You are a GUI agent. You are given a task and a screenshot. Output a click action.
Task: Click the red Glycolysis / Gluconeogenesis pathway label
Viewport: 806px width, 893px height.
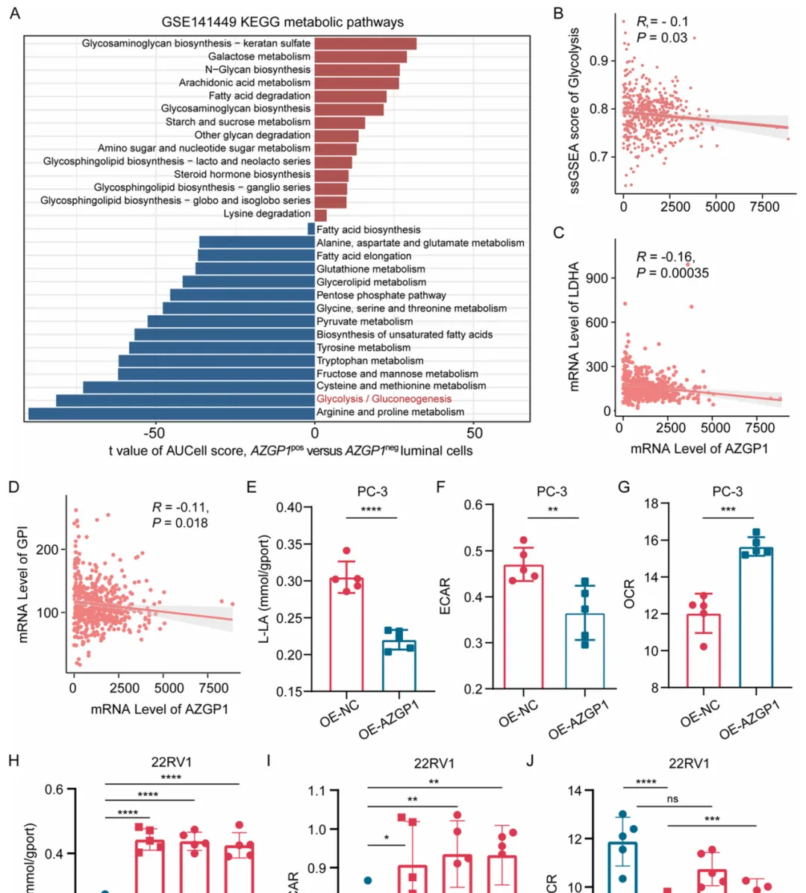pyautogui.click(x=384, y=399)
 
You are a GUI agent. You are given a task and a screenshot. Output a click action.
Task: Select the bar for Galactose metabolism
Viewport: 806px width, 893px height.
pyautogui.click(x=360, y=57)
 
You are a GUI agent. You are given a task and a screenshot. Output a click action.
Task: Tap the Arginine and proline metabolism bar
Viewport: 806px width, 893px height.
pyautogui.click(x=171, y=413)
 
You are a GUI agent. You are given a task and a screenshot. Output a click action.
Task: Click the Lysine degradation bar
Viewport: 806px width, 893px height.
pyautogui.click(x=320, y=214)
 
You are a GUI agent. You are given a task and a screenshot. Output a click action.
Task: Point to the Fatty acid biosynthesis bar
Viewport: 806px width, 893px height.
pyautogui.click(x=311, y=229)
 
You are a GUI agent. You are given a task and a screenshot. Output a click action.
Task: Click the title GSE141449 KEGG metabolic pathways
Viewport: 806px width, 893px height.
pyautogui.click(x=283, y=22)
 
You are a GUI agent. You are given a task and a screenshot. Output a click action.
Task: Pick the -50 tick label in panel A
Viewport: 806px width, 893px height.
pyautogui.click(x=154, y=432)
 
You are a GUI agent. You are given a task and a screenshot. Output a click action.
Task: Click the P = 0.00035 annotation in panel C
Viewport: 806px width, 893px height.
pyautogui.click(x=672, y=273)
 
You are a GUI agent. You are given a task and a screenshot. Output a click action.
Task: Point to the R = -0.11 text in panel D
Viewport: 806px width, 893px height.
pyautogui.click(x=180, y=508)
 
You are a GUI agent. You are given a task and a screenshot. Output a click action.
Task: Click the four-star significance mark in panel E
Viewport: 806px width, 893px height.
pyautogui.click(x=371, y=510)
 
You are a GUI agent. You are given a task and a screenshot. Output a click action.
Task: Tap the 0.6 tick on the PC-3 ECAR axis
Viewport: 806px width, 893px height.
pyautogui.click(x=473, y=505)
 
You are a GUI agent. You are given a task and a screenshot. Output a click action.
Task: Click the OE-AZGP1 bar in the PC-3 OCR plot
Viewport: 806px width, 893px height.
pyautogui.click(x=756, y=617)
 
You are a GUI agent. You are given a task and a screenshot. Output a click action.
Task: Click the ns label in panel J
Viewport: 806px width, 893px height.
pyautogui.click(x=672, y=799)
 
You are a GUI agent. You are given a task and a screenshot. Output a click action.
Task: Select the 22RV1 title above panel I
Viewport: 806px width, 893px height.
pyautogui.click(x=434, y=763)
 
